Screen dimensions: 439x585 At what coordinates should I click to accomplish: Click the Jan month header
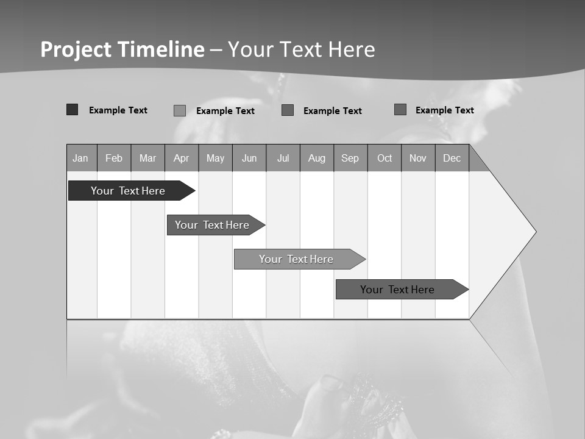(x=81, y=158)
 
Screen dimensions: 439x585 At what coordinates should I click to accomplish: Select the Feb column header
(x=114, y=158)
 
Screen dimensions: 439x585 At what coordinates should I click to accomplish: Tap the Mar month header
(x=147, y=158)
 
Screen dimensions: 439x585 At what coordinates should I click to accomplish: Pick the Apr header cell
(x=182, y=158)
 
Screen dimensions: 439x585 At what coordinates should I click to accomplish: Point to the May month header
(x=215, y=158)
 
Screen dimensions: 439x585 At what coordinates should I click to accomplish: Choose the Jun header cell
(x=249, y=158)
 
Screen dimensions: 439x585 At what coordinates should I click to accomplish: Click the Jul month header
(x=283, y=158)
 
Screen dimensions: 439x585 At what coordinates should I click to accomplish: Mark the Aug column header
(x=317, y=158)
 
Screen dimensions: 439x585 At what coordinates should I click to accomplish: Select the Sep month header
(x=350, y=158)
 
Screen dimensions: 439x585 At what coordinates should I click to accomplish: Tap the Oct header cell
(x=385, y=158)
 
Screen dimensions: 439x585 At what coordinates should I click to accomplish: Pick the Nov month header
(x=418, y=158)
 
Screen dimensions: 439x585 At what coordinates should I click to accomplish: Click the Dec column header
(x=452, y=158)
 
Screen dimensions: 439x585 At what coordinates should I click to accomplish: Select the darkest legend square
(x=73, y=110)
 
